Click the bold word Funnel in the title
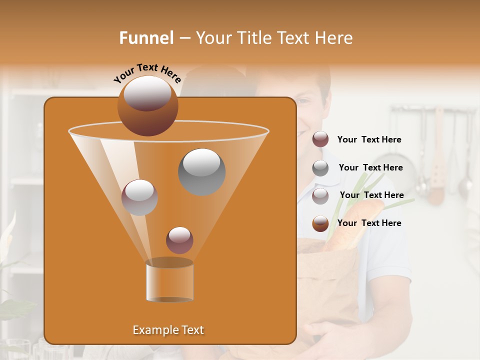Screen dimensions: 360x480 [146, 38]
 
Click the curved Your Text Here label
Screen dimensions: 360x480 [147, 73]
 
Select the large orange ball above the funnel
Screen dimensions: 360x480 [147, 105]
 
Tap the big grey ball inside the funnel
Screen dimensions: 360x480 [201, 171]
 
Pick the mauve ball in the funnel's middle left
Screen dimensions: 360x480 [139, 197]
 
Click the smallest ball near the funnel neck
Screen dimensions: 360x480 [179, 240]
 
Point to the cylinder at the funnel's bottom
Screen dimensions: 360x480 [169, 281]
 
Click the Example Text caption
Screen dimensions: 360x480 [168, 330]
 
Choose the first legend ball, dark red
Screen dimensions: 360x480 [320, 139]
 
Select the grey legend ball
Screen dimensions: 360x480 [320, 168]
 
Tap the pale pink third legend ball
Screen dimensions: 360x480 [320, 195]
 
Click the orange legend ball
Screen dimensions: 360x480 [320, 223]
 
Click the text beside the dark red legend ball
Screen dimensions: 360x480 [369, 140]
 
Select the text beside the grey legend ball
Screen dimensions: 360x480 [370, 168]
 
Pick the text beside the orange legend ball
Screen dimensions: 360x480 [369, 223]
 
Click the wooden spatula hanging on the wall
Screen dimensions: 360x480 [437, 160]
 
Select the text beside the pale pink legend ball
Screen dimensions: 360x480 [371, 195]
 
